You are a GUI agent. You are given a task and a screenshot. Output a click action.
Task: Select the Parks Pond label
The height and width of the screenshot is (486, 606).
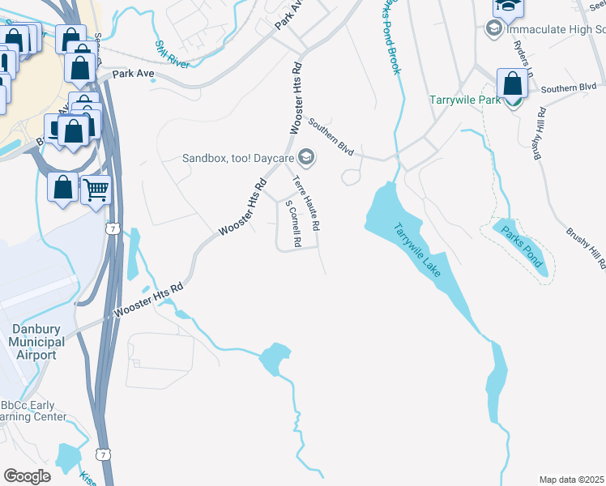(x=522, y=249)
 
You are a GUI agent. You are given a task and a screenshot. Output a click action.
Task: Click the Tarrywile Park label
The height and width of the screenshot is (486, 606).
(x=465, y=101)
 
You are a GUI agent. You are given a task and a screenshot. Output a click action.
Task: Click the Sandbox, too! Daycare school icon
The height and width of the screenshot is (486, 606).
(x=306, y=156)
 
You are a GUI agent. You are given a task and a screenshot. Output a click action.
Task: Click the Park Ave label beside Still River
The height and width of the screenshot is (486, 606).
(x=133, y=74)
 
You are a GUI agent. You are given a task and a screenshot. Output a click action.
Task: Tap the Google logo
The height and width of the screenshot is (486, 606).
(x=27, y=476)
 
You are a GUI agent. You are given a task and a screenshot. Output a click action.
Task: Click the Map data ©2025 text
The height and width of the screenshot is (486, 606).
(x=571, y=480)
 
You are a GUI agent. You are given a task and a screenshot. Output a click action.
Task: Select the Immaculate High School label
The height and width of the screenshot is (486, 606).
(x=555, y=29)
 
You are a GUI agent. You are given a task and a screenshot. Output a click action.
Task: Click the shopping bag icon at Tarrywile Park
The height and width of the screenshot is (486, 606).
(x=513, y=83)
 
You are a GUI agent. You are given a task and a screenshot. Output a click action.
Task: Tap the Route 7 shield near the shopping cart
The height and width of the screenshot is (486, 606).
(x=113, y=229)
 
